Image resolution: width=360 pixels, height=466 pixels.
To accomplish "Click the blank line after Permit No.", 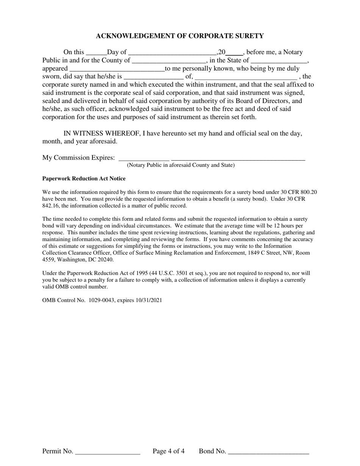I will pos(108,452).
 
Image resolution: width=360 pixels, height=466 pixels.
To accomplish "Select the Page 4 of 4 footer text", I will pos(169,451).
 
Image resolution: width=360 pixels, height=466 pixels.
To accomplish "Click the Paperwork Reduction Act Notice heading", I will pos(84,178).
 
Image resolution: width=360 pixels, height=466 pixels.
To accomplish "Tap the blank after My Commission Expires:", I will pos(144,158).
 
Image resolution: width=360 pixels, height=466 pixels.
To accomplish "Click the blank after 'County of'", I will pos(169,61).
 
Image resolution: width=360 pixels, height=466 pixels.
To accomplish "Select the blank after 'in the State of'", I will pos(279,61).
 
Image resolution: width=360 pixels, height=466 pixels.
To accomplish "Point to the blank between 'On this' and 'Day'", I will pos(97,53).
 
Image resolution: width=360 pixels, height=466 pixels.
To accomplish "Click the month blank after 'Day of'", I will pos(172,53).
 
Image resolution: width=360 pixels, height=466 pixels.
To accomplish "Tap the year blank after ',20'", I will pos(234,53).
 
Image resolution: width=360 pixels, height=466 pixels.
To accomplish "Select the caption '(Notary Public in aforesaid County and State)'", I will pos(181,165).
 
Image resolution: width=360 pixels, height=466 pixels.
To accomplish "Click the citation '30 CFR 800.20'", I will pos(299,192).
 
